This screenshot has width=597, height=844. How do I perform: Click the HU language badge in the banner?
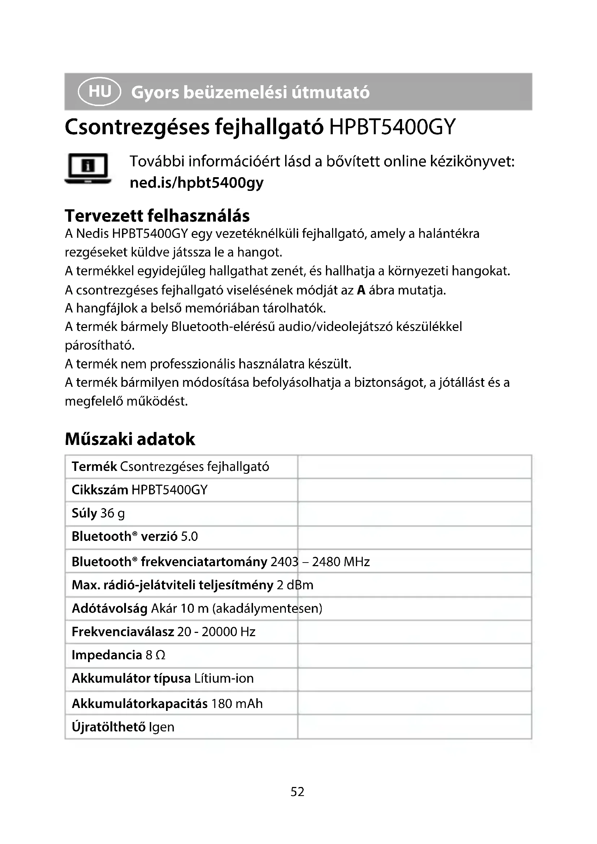(99, 91)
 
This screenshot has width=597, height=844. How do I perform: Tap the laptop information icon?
(88, 169)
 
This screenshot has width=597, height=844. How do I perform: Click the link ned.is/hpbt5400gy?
(196, 183)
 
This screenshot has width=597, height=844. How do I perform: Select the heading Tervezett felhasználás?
(157, 216)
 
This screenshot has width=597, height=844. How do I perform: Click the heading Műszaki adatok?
(130, 439)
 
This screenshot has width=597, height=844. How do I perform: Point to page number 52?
(297, 791)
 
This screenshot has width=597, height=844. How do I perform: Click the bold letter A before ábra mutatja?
(361, 290)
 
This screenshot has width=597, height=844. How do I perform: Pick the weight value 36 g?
(113, 513)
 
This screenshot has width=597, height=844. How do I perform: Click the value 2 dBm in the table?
(295, 585)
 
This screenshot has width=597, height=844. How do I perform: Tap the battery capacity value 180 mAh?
(237, 704)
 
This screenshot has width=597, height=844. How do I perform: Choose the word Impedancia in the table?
(106, 655)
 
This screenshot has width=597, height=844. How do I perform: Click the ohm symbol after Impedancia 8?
(160, 655)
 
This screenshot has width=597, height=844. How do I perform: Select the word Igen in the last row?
(161, 727)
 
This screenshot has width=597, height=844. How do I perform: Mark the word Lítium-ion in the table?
(224, 678)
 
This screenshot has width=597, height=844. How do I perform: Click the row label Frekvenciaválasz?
(123, 631)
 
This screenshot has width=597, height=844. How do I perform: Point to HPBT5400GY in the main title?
(392, 127)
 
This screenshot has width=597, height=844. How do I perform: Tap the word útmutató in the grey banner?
(331, 92)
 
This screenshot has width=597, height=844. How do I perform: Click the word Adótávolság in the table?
(110, 608)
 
